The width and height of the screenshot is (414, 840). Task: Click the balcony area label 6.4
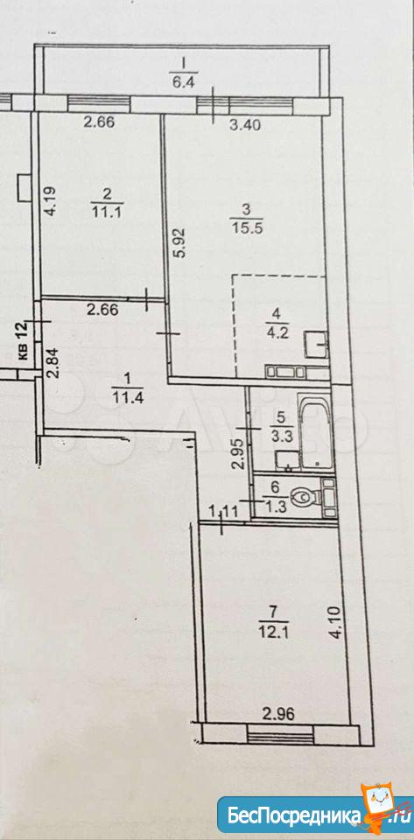click(183, 83)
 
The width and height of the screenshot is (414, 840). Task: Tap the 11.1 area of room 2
click(100, 208)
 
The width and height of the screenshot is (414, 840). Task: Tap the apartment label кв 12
click(24, 342)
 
